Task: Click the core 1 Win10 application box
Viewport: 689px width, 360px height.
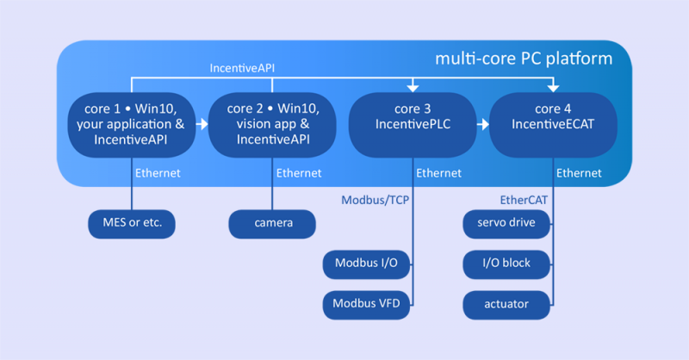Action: pyautogui.click(x=132, y=124)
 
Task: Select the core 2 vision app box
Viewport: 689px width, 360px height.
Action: pyautogui.click(x=273, y=124)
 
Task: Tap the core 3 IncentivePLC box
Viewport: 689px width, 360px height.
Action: pyautogui.click(x=413, y=124)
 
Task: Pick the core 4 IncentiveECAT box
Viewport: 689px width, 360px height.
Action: pyautogui.click(x=553, y=124)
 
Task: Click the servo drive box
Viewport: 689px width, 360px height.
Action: pyautogui.click(x=506, y=223)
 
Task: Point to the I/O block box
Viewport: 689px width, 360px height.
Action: pyautogui.click(x=506, y=264)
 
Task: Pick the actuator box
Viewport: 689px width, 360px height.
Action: pyautogui.click(x=506, y=303)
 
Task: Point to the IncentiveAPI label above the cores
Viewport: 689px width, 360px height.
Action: pyautogui.click(x=243, y=66)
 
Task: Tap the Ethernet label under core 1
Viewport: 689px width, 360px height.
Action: pyautogui.click(x=158, y=173)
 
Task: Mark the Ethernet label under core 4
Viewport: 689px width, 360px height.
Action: pyautogui.click(x=579, y=173)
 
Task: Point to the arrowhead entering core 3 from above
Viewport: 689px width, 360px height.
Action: pyautogui.click(x=413, y=87)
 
